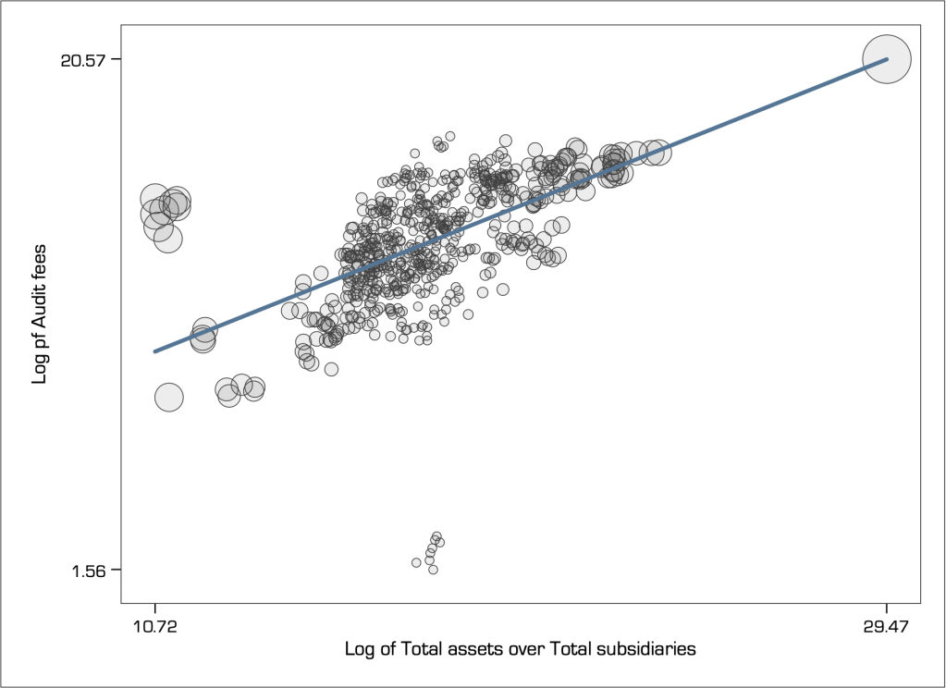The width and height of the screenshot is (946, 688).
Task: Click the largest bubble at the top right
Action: click(887, 59)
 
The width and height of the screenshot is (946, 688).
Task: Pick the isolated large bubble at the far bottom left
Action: click(168, 398)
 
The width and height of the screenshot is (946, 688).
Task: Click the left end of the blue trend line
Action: click(155, 351)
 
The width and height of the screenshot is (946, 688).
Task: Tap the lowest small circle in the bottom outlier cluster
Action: click(433, 570)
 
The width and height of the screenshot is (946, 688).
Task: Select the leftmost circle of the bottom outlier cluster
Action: click(416, 562)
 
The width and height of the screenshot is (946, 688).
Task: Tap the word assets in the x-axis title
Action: click(476, 648)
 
